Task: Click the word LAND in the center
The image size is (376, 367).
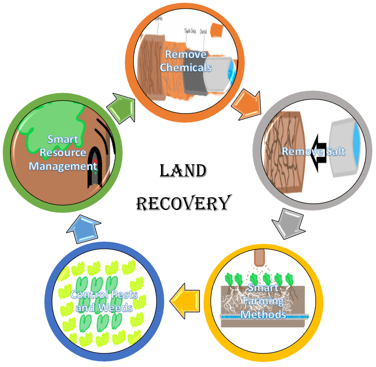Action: (x=183, y=172)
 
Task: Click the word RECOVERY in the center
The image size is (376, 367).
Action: (x=183, y=203)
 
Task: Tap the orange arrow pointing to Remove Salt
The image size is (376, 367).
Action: (x=247, y=104)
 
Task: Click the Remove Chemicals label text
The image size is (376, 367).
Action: (x=186, y=61)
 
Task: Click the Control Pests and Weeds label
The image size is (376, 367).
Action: (x=104, y=301)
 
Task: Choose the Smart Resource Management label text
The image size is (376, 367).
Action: (x=63, y=152)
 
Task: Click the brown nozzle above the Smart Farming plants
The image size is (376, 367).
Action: (x=259, y=259)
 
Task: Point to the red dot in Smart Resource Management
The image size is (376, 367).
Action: (x=95, y=168)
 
